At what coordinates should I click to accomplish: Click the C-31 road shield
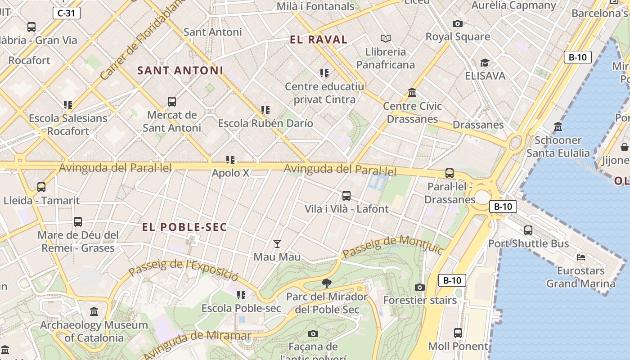coord(67,13)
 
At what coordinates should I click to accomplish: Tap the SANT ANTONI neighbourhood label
coord(180,71)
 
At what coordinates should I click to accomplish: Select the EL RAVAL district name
coord(319,40)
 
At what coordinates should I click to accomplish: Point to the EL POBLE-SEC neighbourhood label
coord(184,227)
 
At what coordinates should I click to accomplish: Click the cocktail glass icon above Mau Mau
coord(277,244)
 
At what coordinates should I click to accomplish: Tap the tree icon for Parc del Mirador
coord(327,283)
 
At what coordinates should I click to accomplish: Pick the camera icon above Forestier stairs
coord(419,287)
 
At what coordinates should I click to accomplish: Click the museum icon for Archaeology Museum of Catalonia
coord(94,311)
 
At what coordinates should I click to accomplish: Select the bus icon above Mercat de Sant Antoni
coord(171,102)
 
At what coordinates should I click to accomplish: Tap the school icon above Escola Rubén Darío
coord(265,110)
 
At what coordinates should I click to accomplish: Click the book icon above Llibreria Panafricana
coord(386,39)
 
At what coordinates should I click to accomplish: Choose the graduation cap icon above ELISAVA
coord(485,63)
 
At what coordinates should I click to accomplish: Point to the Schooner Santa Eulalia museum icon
coord(558,127)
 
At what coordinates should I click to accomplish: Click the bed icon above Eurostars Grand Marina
coord(580,257)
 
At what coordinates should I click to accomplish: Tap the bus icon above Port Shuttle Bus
coord(528,230)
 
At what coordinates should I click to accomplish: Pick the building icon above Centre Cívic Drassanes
coord(412,93)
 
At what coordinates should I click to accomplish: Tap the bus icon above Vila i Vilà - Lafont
coord(346,196)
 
